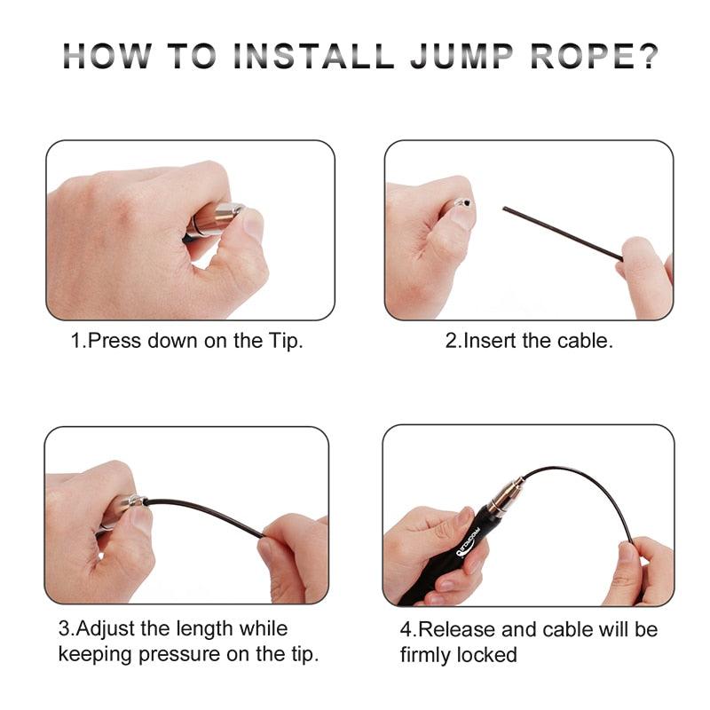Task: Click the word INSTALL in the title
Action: [x=313, y=56]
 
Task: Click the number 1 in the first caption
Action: [x=76, y=341]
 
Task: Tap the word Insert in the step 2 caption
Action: [x=491, y=341]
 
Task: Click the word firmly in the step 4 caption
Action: [x=425, y=656]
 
